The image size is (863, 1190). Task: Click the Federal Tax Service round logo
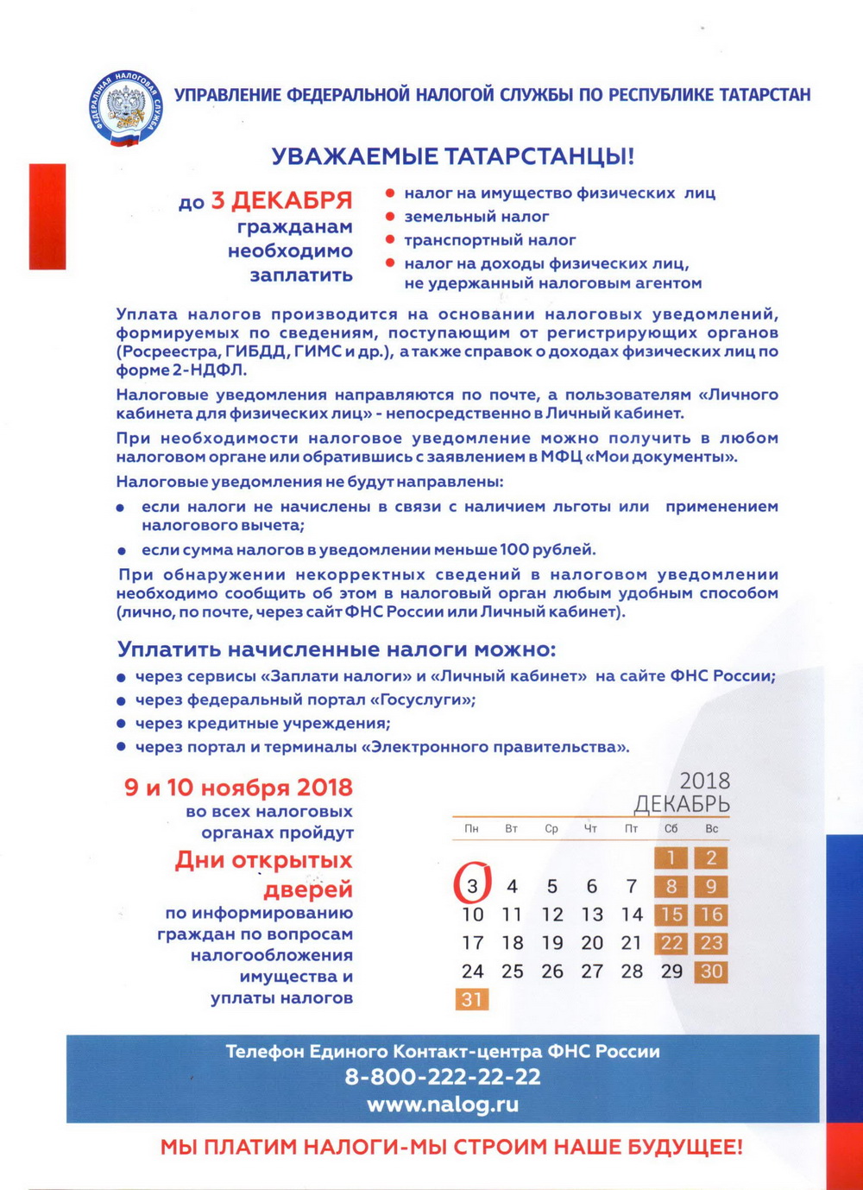(126, 108)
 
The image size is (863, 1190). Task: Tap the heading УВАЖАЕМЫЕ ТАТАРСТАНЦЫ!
(453, 156)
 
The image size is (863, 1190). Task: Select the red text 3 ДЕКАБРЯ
(281, 201)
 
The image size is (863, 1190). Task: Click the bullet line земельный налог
(476, 217)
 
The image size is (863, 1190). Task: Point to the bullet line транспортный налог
(489, 240)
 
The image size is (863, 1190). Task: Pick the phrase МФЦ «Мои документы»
(639, 457)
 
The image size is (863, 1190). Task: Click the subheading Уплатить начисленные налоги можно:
(337, 649)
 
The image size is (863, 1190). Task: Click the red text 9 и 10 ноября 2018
(238, 788)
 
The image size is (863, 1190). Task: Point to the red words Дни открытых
(263, 860)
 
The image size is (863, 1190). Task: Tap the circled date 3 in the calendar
(472, 886)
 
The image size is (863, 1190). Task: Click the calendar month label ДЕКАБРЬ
(682, 805)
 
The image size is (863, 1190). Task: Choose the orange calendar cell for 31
(472, 999)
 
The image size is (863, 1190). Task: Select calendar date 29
(671, 972)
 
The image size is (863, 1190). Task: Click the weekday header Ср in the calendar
(551, 829)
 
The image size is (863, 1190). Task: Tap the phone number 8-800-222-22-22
(443, 1077)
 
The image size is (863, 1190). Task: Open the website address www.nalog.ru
(443, 1105)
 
